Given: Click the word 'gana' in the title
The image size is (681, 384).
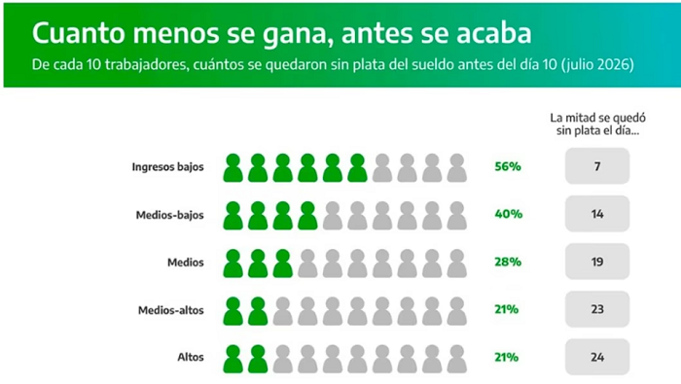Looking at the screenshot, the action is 298,34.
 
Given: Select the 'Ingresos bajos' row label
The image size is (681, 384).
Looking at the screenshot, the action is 167,167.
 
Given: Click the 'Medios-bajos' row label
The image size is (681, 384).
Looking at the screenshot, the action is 170,215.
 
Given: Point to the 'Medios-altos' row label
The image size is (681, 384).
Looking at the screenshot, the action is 171,310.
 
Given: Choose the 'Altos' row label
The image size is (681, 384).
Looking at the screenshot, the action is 191,357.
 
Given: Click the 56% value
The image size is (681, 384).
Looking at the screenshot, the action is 508,166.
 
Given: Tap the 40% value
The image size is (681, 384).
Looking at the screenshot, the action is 508,214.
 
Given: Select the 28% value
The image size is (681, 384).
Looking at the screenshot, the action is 508,262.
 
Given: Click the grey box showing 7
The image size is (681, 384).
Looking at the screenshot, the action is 597,166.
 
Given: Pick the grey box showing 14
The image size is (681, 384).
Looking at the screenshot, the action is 597,214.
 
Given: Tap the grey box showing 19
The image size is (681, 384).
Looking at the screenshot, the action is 597,262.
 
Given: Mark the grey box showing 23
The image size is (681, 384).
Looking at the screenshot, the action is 597,309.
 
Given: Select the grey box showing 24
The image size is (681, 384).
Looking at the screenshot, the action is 597,357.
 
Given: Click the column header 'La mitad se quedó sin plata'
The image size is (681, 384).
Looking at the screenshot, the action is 597,124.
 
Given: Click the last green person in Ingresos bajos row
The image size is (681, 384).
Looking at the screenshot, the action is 357,168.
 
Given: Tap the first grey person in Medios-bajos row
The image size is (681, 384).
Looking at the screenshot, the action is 333,216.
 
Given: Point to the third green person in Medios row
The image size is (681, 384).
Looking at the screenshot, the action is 283,263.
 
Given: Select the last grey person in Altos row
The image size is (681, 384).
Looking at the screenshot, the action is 457,360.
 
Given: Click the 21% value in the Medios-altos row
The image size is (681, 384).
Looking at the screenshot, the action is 507,309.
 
